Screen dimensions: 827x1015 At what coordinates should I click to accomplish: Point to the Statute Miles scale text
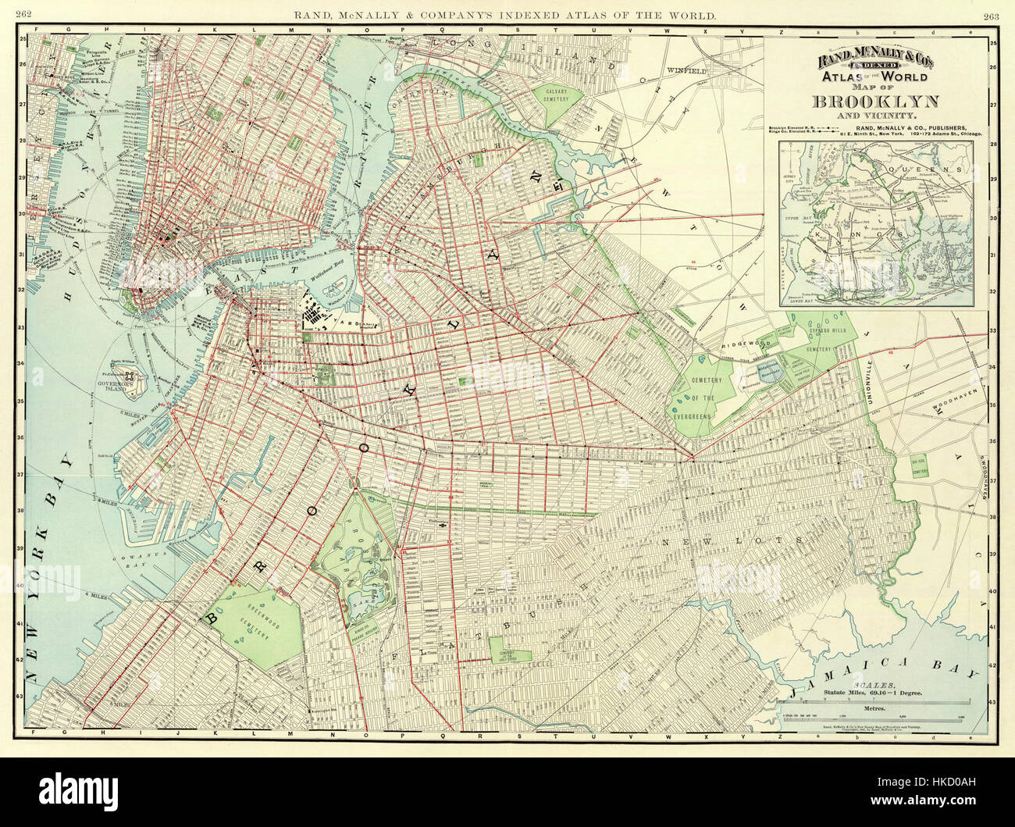871,693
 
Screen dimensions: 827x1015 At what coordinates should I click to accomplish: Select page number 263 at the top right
992,15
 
